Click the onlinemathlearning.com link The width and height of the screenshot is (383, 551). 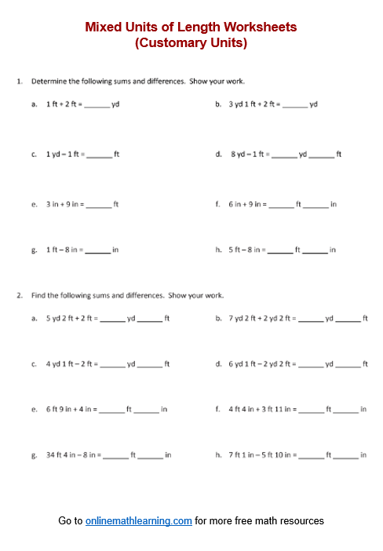139,520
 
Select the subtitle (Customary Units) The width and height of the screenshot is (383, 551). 191,43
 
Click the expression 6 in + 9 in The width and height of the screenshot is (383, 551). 246,204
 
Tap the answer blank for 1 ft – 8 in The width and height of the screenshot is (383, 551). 97,250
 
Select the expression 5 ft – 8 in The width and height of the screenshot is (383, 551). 246,250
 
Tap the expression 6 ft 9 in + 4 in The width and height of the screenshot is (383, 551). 69,409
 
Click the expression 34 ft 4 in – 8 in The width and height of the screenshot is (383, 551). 71,454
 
